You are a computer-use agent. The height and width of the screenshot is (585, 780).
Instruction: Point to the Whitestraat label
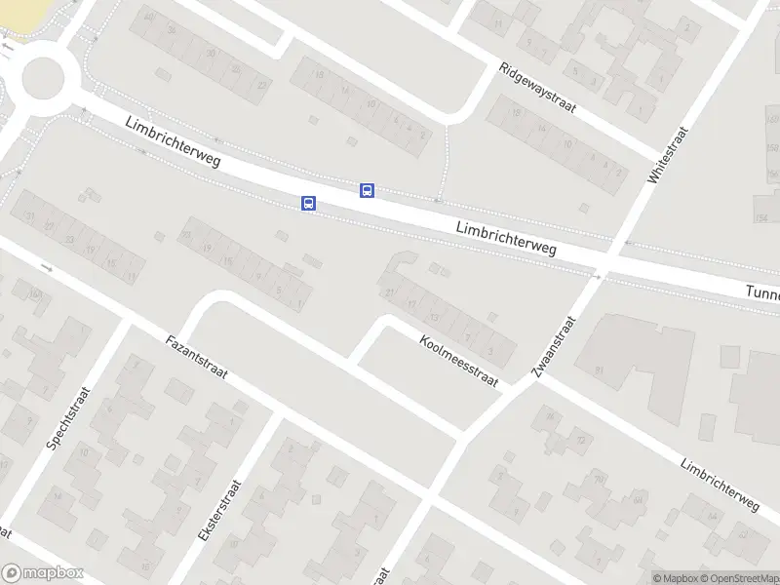[x=668, y=156]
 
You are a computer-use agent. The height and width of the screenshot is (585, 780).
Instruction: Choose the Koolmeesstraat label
[x=458, y=361]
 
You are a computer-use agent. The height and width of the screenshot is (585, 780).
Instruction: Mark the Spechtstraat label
[x=68, y=417]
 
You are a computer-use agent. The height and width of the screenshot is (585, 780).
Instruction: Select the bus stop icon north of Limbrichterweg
[x=367, y=190]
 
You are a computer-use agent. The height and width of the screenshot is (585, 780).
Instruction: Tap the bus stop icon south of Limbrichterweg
[x=308, y=203]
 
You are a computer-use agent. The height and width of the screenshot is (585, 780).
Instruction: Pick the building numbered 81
[x=600, y=370]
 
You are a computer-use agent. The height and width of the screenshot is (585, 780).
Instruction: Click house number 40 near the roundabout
[x=148, y=18]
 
